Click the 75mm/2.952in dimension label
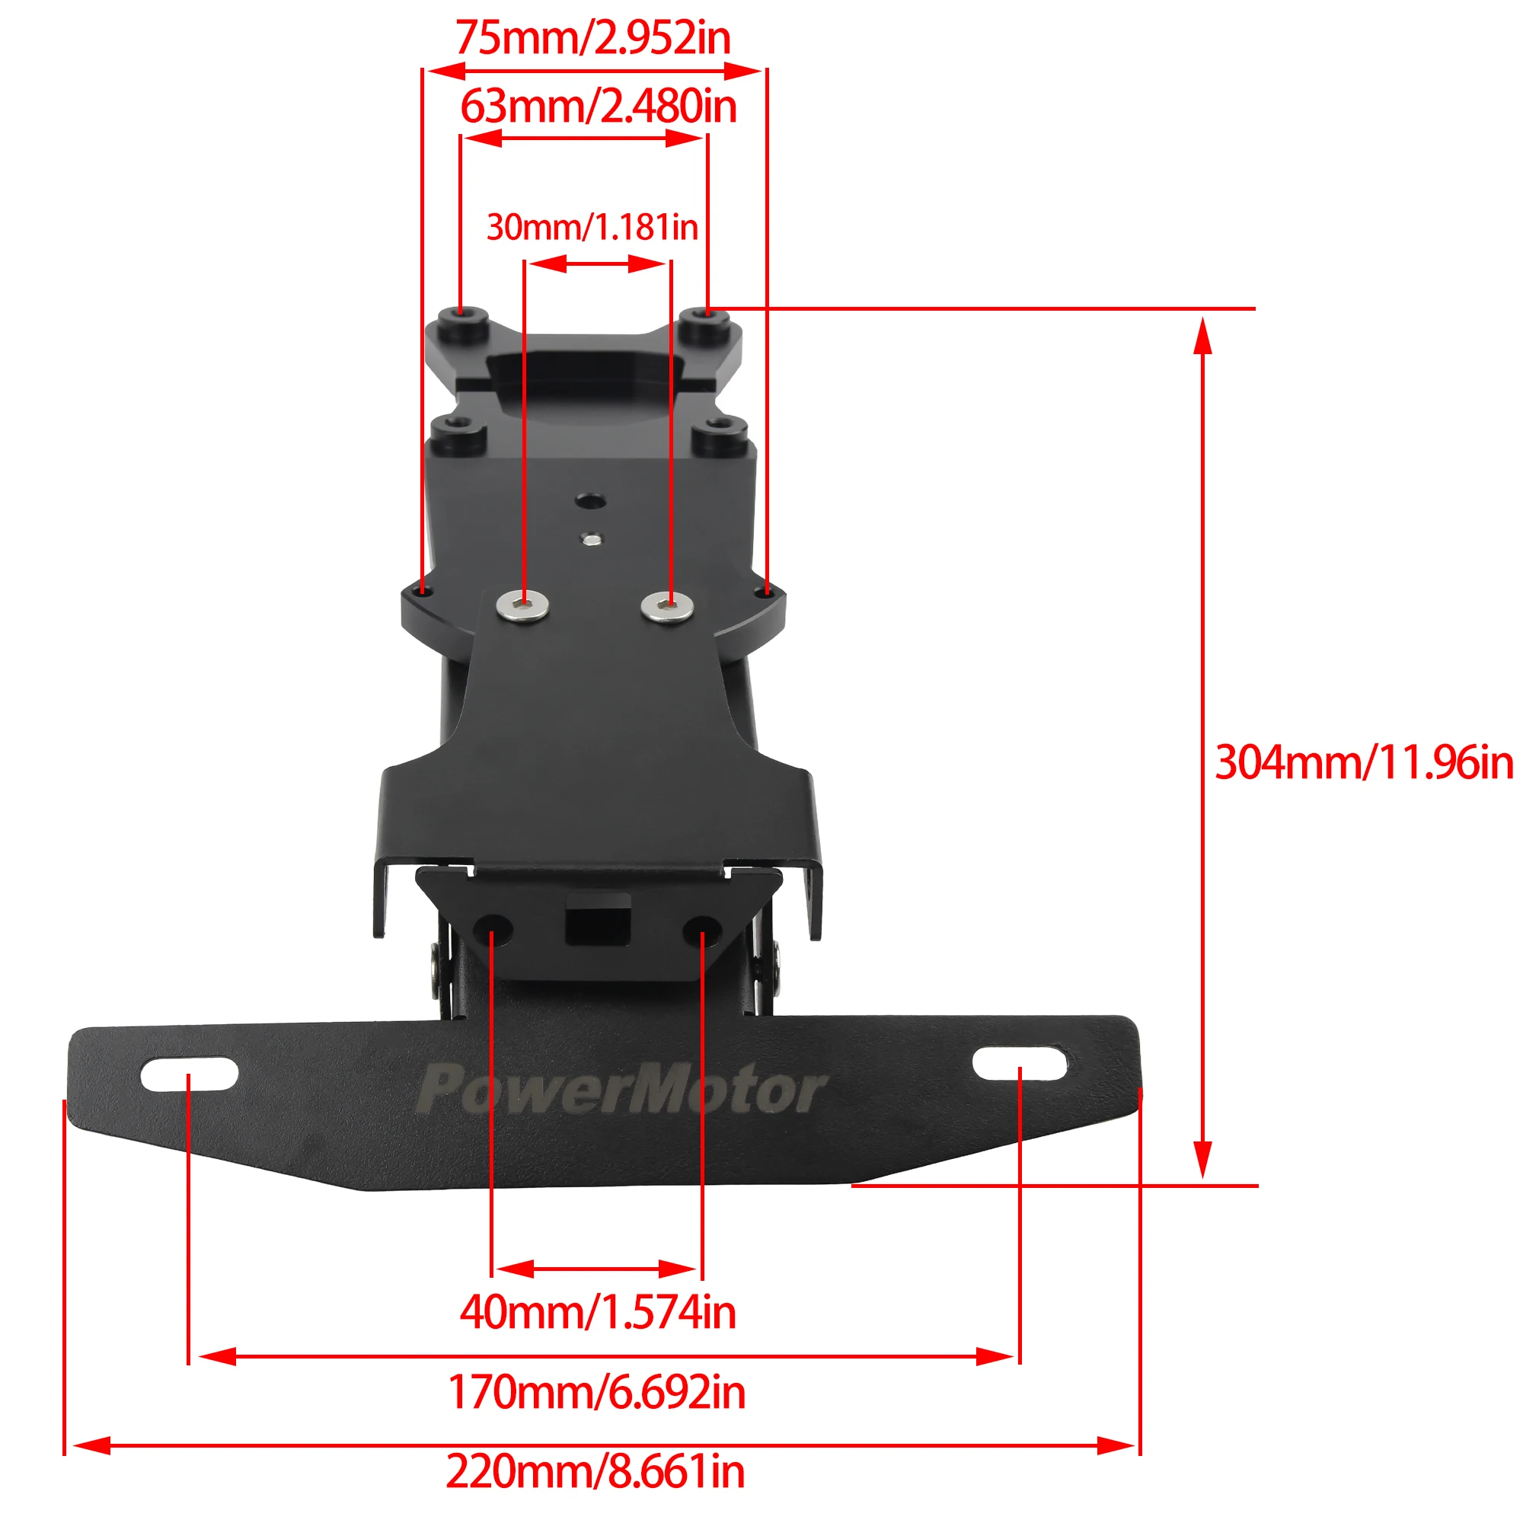pyautogui.click(x=592, y=37)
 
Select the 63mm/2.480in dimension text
pyautogui.click(x=599, y=106)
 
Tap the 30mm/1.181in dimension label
pyautogui.click(x=592, y=227)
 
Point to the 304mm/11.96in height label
pyautogui.click(x=1364, y=762)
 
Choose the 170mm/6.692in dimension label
pyautogui.click(x=597, y=1392)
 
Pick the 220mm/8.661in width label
pyautogui.click(x=595, y=1471)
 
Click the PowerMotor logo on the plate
pyautogui.click(x=621, y=1090)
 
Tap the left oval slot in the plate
pyautogui.click(x=189, y=1074)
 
